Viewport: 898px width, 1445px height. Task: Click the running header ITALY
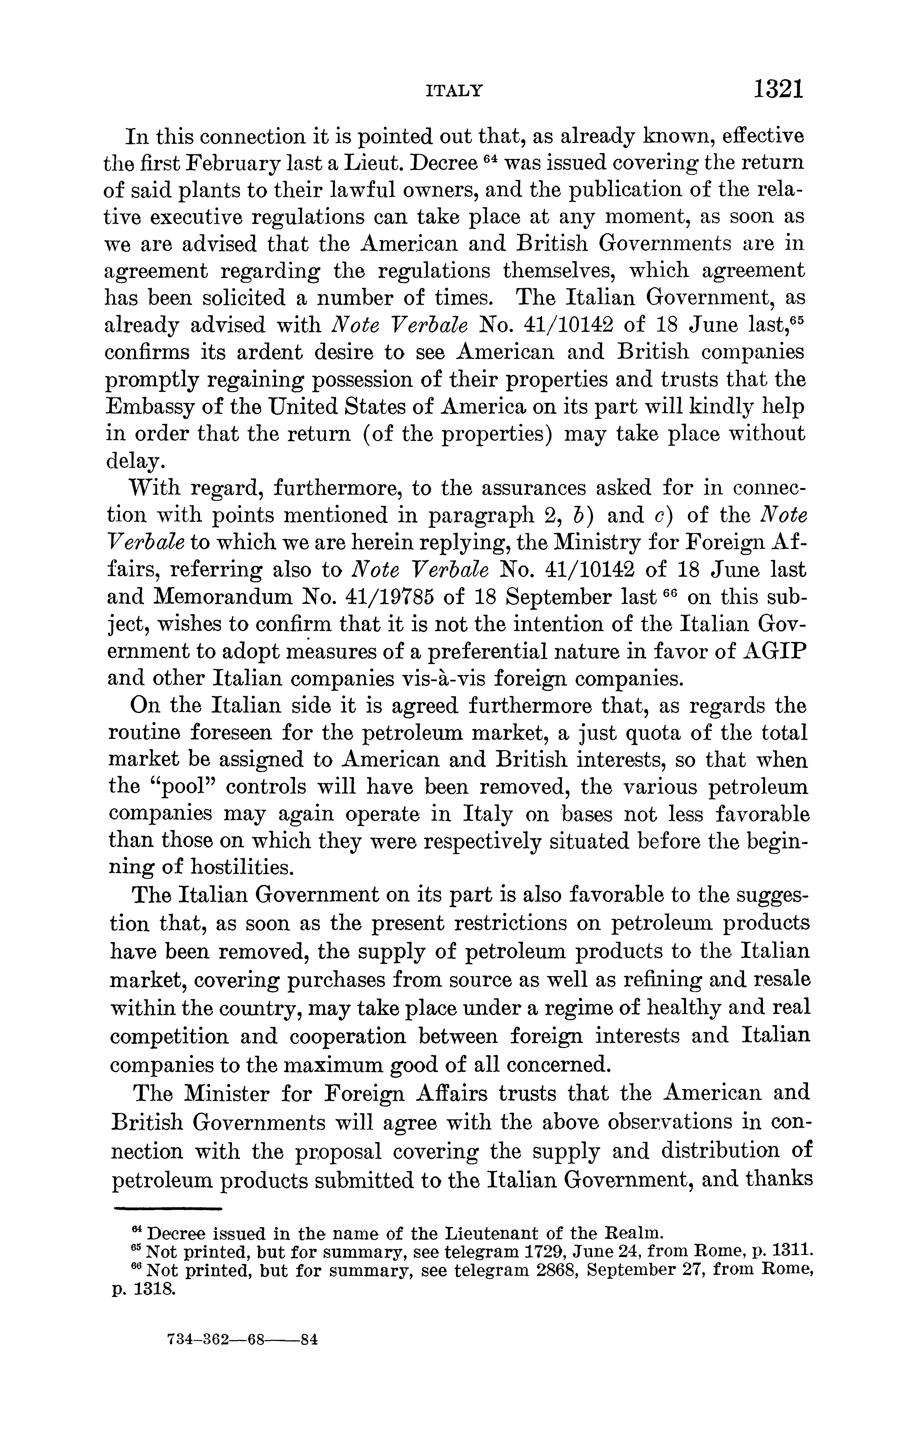tap(454, 91)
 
